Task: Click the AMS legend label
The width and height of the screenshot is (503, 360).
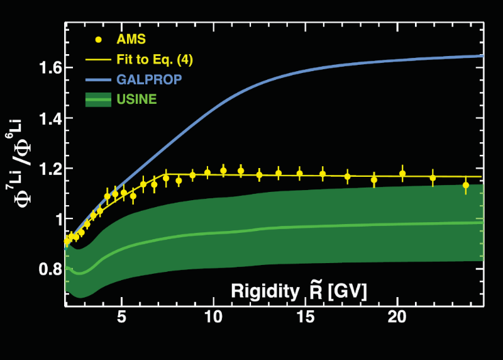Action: (131, 39)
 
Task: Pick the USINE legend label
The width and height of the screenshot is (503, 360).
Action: (136, 100)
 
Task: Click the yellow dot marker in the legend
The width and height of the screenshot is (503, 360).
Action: (98, 40)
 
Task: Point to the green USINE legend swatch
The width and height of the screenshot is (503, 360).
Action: (97, 100)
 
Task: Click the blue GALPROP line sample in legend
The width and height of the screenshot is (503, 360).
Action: (97, 80)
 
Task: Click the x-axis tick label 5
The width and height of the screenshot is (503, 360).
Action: (123, 316)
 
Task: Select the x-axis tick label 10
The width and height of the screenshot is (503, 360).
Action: (214, 316)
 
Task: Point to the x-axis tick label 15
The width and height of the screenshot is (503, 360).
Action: (306, 316)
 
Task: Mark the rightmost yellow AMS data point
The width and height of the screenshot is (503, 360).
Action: (466, 185)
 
